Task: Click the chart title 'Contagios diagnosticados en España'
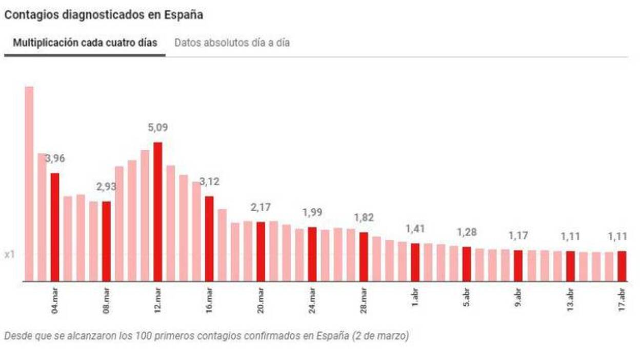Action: click(x=104, y=15)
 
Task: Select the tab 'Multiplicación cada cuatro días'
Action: click(x=85, y=43)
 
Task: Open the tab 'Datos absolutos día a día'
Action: click(x=232, y=43)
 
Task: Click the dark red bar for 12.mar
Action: click(x=157, y=211)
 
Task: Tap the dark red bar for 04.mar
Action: click(x=55, y=227)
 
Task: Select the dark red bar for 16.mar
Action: click(x=209, y=238)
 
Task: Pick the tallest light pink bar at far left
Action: click(x=29, y=184)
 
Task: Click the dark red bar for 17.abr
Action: click(x=622, y=266)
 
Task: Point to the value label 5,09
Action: click(x=157, y=127)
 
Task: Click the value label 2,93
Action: click(x=106, y=187)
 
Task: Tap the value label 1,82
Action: click(x=364, y=218)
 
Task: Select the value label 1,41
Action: click(x=415, y=229)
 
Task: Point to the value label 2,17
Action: click(x=261, y=207)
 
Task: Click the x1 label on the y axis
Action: click(x=9, y=255)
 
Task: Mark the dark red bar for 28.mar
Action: click(x=364, y=256)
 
